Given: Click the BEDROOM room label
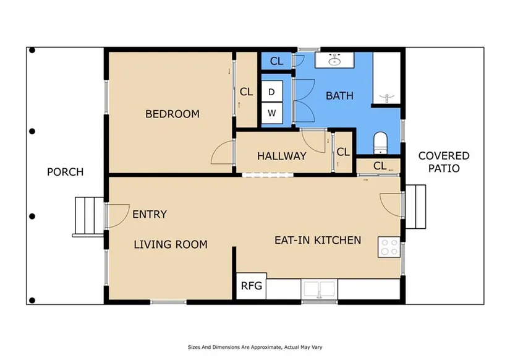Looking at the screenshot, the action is [172, 114].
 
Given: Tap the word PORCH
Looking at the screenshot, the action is [66, 172].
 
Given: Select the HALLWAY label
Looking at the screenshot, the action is [282, 156].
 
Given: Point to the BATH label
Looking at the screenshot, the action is [339, 96].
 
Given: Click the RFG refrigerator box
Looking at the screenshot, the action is [252, 286].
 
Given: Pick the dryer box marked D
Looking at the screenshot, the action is [272, 92].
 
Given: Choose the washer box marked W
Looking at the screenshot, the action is [272, 113].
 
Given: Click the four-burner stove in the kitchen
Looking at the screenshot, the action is [389, 247].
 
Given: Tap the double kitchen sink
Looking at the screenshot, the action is [320, 289].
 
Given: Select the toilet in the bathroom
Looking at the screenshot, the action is [380, 143].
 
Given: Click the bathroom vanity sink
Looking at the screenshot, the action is [334, 60].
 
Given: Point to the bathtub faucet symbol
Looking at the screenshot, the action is [386, 98].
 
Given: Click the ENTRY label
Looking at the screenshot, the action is [150, 214].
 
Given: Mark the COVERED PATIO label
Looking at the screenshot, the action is [444, 162].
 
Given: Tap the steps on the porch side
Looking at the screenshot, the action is [88, 216].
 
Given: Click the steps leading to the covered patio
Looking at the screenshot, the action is [415, 207].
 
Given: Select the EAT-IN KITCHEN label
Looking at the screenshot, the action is [318, 240].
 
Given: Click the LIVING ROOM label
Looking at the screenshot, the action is [171, 244].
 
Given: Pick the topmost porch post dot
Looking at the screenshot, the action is [32, 50].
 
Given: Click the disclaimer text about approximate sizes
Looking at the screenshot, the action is [255, 347].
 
